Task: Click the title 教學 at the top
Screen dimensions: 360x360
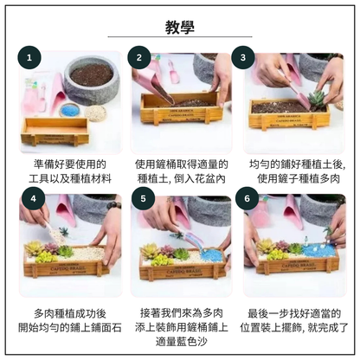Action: (x=180, y=27)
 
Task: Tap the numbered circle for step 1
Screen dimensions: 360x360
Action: (x=29, y=58)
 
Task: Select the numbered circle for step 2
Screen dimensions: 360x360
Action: (x=139, y=58)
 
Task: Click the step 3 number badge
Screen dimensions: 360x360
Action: (x=243, y=58)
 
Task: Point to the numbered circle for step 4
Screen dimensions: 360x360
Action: (x=34, y=198)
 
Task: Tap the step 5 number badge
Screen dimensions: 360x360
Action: (x=144, y=198)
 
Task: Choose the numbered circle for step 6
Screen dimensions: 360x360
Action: (x=247, y=198)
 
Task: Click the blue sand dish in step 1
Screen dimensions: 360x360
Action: (x=68, y=110)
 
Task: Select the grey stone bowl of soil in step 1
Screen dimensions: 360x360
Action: (x=92, y=80)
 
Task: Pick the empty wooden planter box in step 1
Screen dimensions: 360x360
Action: (x=55, y=132)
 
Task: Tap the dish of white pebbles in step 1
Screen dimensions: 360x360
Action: (x=95, y=112)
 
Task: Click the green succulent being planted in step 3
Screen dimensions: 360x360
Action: (x=318, y=99)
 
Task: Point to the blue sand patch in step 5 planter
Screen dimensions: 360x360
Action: (x=209, y=256)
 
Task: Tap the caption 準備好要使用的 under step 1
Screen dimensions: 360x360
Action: (x=70, y=164)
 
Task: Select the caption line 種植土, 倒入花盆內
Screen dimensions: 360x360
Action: (x=181, y=179)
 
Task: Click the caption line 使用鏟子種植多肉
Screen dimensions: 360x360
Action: (x=299, y=179)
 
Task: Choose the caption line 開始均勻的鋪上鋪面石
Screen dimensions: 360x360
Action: (x=70, y=328)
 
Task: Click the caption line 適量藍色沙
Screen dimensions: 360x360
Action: (x=181, y=342)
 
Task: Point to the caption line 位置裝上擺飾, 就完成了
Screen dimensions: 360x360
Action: (x=294, y=328)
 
